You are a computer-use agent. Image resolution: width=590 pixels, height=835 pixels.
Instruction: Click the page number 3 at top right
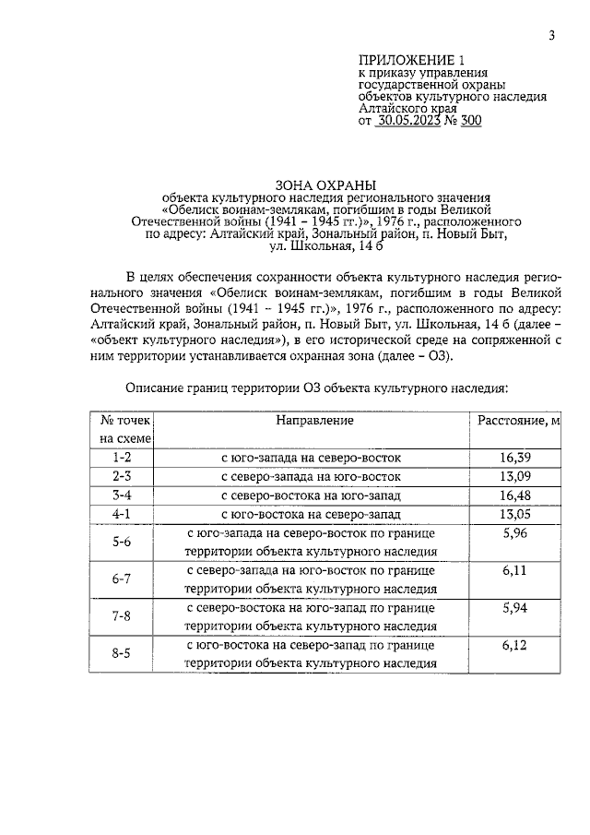pyautogui.click(x=550, y=36)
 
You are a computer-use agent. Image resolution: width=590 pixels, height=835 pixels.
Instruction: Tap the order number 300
pyautogui.click(x=470, y=120)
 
